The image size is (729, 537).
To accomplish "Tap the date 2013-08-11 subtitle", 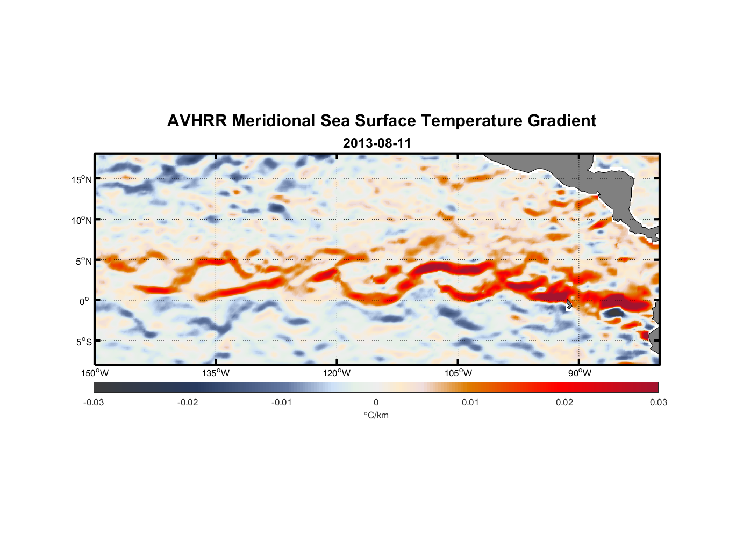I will pos(377,143).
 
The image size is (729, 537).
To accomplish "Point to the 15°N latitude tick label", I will pos(82,179).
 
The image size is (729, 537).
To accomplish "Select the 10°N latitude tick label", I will pos(82,220).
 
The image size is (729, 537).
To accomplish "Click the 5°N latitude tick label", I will pos(84,261).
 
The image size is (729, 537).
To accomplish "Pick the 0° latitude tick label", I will pos(84,301).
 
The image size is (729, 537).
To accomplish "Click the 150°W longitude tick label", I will pos(95,373).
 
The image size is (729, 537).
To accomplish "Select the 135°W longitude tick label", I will pos(216,373).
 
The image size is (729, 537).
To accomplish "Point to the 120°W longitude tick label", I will pos(337,373).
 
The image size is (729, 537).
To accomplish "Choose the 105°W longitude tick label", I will pos(458,373).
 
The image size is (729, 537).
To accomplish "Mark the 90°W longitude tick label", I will pos(579,373).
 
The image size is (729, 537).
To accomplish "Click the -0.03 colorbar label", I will pos(94,402).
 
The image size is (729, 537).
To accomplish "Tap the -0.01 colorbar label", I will pos(282,402).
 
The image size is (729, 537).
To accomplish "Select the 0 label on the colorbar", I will pos(376,402).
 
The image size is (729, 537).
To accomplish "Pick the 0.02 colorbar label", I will pos(564,402).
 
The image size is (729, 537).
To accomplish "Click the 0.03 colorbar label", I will pos(658,402).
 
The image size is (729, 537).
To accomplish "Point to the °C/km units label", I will pos(376,415).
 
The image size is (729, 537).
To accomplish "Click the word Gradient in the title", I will pos(562,121).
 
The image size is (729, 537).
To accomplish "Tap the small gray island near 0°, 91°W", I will pos(569,304).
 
